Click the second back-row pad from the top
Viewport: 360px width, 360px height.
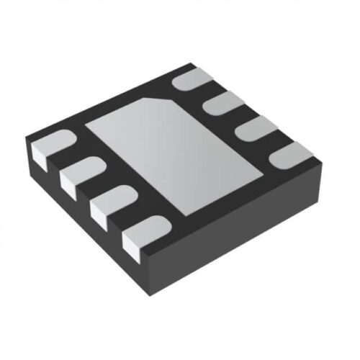coord(226,103)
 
